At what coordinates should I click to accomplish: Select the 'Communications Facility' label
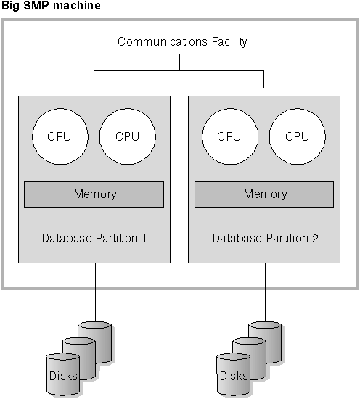[x=182, y=41]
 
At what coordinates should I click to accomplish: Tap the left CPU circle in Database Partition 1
[x=59, y=136]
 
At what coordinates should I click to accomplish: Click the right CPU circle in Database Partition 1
[x=127, y=136]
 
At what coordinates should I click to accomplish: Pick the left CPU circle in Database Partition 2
[x=229, y=136]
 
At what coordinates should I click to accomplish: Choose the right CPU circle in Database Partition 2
[x=297, y=136]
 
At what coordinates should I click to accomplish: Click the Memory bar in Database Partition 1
[x=94, y=194]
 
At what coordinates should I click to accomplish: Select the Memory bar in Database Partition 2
[x=264, y=194]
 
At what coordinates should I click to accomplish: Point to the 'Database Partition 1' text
[x=94, y=238]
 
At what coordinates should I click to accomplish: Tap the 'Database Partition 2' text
[x=264, y=238]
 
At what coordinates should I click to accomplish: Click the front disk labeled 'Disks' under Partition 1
[x=62, y=377]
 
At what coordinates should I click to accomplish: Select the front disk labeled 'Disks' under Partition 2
[x=232, y=377]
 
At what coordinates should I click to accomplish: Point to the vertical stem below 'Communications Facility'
[x=179, y=62]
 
